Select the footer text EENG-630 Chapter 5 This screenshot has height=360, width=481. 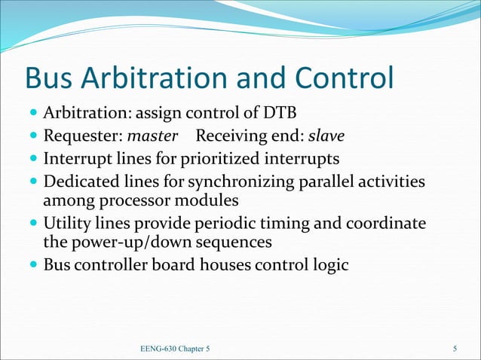point(174,349)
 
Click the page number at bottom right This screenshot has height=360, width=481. point(455,349)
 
